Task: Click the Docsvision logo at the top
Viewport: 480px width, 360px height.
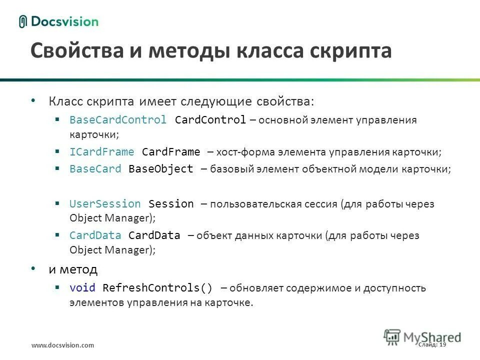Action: [58, 21]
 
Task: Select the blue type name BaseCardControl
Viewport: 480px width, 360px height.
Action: [118, 120]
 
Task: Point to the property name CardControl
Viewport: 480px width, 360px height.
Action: [210, 120]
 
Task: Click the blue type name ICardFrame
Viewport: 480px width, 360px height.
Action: [102, 152]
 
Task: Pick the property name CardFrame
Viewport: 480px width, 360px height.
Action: [171, 152]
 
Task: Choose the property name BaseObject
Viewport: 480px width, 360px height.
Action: [160, 169]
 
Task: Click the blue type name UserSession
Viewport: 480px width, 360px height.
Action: [105, 204]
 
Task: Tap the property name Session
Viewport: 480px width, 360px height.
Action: [171, 204]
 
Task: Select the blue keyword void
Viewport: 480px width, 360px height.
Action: [82, 288]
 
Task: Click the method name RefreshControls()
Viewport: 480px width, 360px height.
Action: [157, 288]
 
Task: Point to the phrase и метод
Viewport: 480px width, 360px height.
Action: [73, 269]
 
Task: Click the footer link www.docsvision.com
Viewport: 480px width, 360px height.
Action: [62, 345]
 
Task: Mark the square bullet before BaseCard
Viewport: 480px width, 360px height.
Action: [58, 168]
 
